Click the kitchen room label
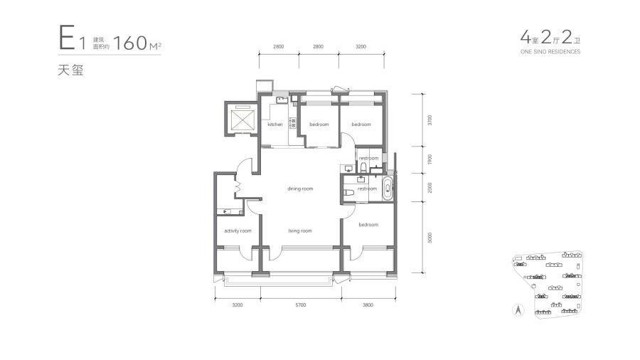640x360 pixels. pyautogui.click(x=275, y=124)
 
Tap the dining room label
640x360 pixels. pyautogui.click(x=300, y=189)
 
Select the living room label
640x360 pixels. pyautogui.click(x=300, y=231)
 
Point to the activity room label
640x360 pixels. pyautogui.click(x=238, y=231)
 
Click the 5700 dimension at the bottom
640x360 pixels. pyautogui.click(x=300, y=305)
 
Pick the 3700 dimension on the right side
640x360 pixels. pyautogui.click(x=430, y=120)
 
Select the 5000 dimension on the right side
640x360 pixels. pyautogui.click(x=430, y=238)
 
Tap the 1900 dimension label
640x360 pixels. pyautogui.click(x=430, y=159)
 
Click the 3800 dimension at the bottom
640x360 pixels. pyautogui.click(x=368, y=305)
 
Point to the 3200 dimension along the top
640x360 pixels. pyautogui.click(x=361, y=46)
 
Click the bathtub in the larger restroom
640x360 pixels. pyautogui.click(x=388, y=189)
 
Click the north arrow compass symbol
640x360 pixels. pyautogui.click(x=518, y=311)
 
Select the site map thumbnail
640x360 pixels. pyautogui.click(x=548, y=285)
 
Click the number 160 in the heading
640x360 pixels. pyautogui.click(x=130, y=43)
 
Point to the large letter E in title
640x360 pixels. pyautogui.click(x=67, y=38)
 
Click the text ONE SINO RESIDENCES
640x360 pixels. pyautogui.click(x=550, y=52)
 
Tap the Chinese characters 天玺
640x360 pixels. pyautogui.click(x=70, y=70)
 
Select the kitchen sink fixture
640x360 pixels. pyautogui.click(x=282, y=100)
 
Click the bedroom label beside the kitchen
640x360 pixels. pyautogui.click(x=319, y=124)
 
